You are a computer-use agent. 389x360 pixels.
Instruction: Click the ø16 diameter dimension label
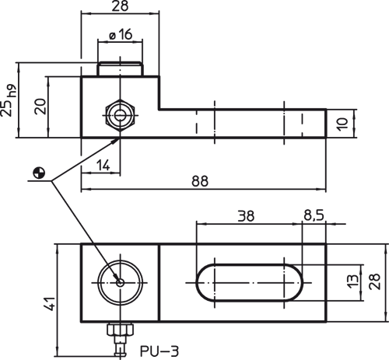tap(121, 34)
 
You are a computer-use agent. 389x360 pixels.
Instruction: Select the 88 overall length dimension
tap(200, 181)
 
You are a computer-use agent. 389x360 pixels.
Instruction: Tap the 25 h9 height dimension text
tap(8, 100)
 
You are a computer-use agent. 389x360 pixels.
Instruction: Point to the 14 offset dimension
tap(103, 166)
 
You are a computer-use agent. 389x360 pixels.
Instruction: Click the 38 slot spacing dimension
tap(246, 216)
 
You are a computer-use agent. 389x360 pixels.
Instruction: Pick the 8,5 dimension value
tap(314, 215)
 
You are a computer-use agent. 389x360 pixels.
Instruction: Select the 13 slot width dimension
tap(352, 281)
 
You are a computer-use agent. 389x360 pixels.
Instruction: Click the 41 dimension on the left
tap(49, 303)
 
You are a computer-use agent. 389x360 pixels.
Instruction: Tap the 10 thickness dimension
tap(342, 124)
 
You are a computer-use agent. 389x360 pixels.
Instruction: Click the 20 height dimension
tap(40, 107)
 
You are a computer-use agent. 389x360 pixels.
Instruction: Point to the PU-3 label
tap(159, 351)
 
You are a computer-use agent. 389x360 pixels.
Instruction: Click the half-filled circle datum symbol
tap(39, 173)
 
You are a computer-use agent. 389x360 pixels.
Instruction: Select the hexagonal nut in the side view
tap(120, 115)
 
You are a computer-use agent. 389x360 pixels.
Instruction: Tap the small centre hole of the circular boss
tap(120, 282)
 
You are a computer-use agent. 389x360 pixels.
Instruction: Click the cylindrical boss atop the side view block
tap(120, 69)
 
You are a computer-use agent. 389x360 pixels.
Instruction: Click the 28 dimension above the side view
tap(120, 6)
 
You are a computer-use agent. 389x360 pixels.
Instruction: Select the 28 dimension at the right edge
tap(375, 281)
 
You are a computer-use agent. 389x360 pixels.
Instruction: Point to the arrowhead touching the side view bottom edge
tap(117, 141)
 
